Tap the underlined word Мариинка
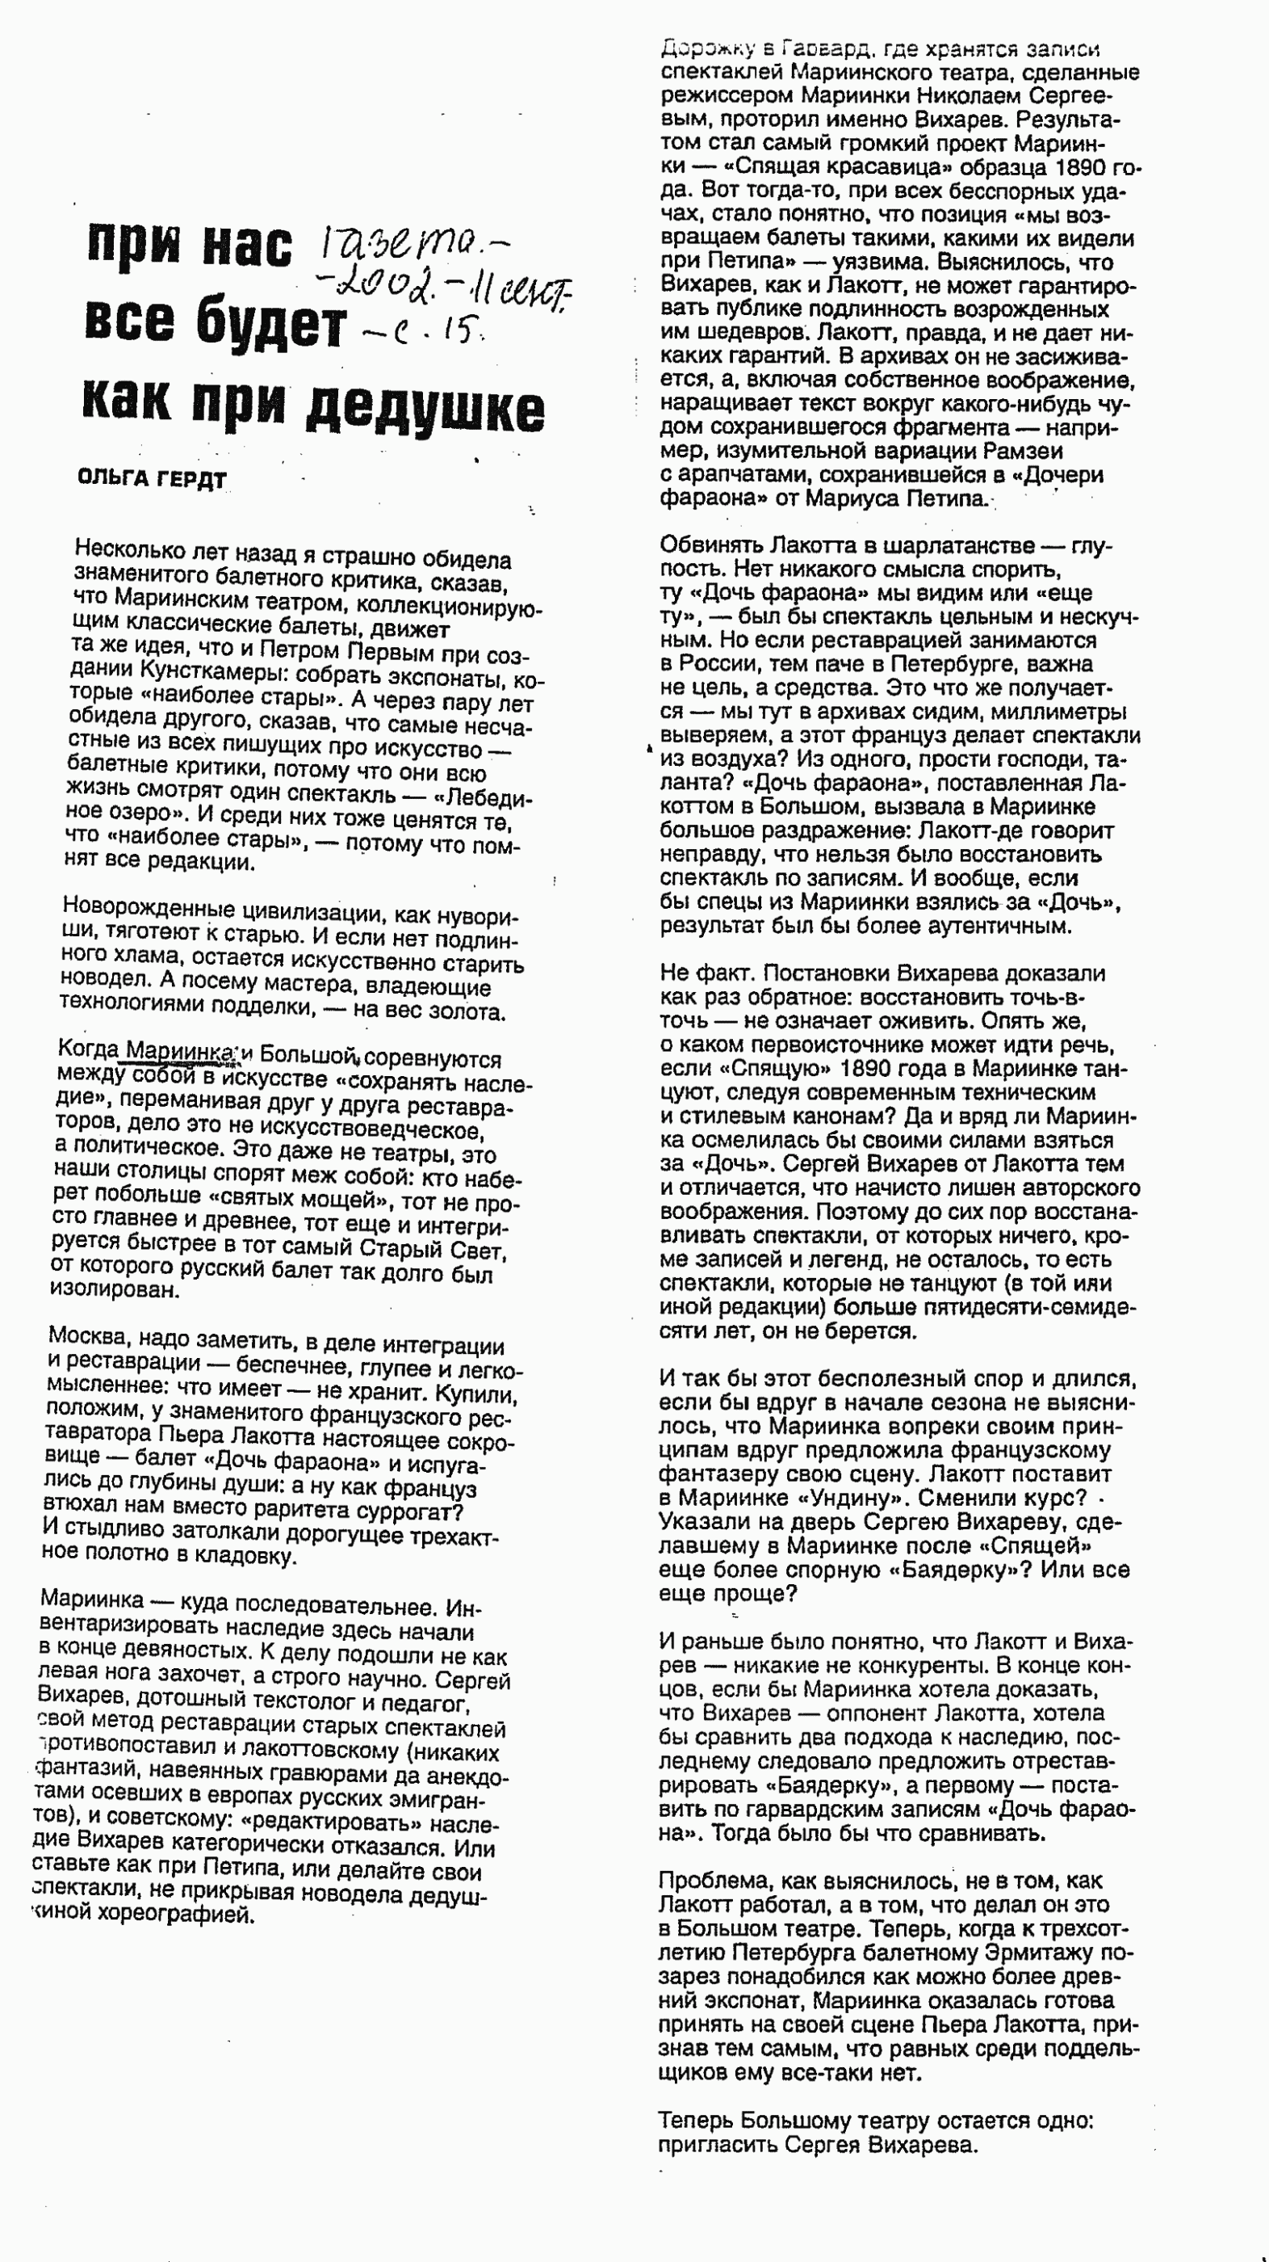coord(180,1051)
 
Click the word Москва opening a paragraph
coord(90,1336)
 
